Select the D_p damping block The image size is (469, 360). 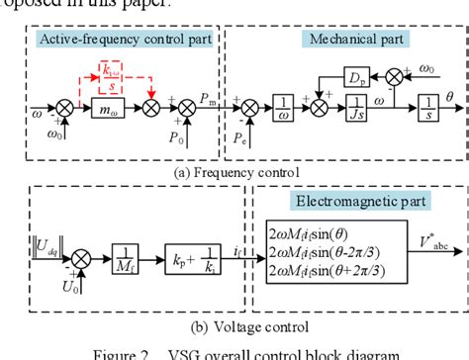point(353,74)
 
